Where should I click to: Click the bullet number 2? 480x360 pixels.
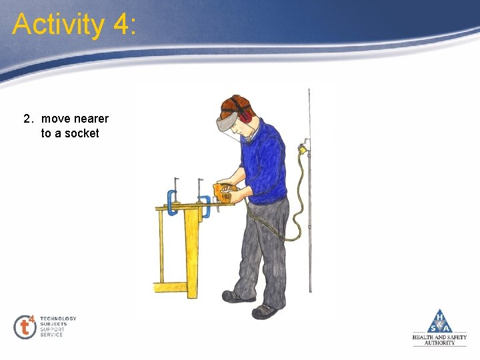click(x=27, y=119)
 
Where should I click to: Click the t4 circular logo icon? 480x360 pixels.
click(x=25, y=327)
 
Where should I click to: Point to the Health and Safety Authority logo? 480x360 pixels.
click(x=439, y=327)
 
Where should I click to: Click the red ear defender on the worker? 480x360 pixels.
click(x=245, y=115)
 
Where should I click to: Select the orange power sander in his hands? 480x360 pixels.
click(x=224, y=192)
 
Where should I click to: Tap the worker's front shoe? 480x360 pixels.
click(x=265, y=311)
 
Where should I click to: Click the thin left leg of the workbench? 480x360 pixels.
click(x=161, y=247)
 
